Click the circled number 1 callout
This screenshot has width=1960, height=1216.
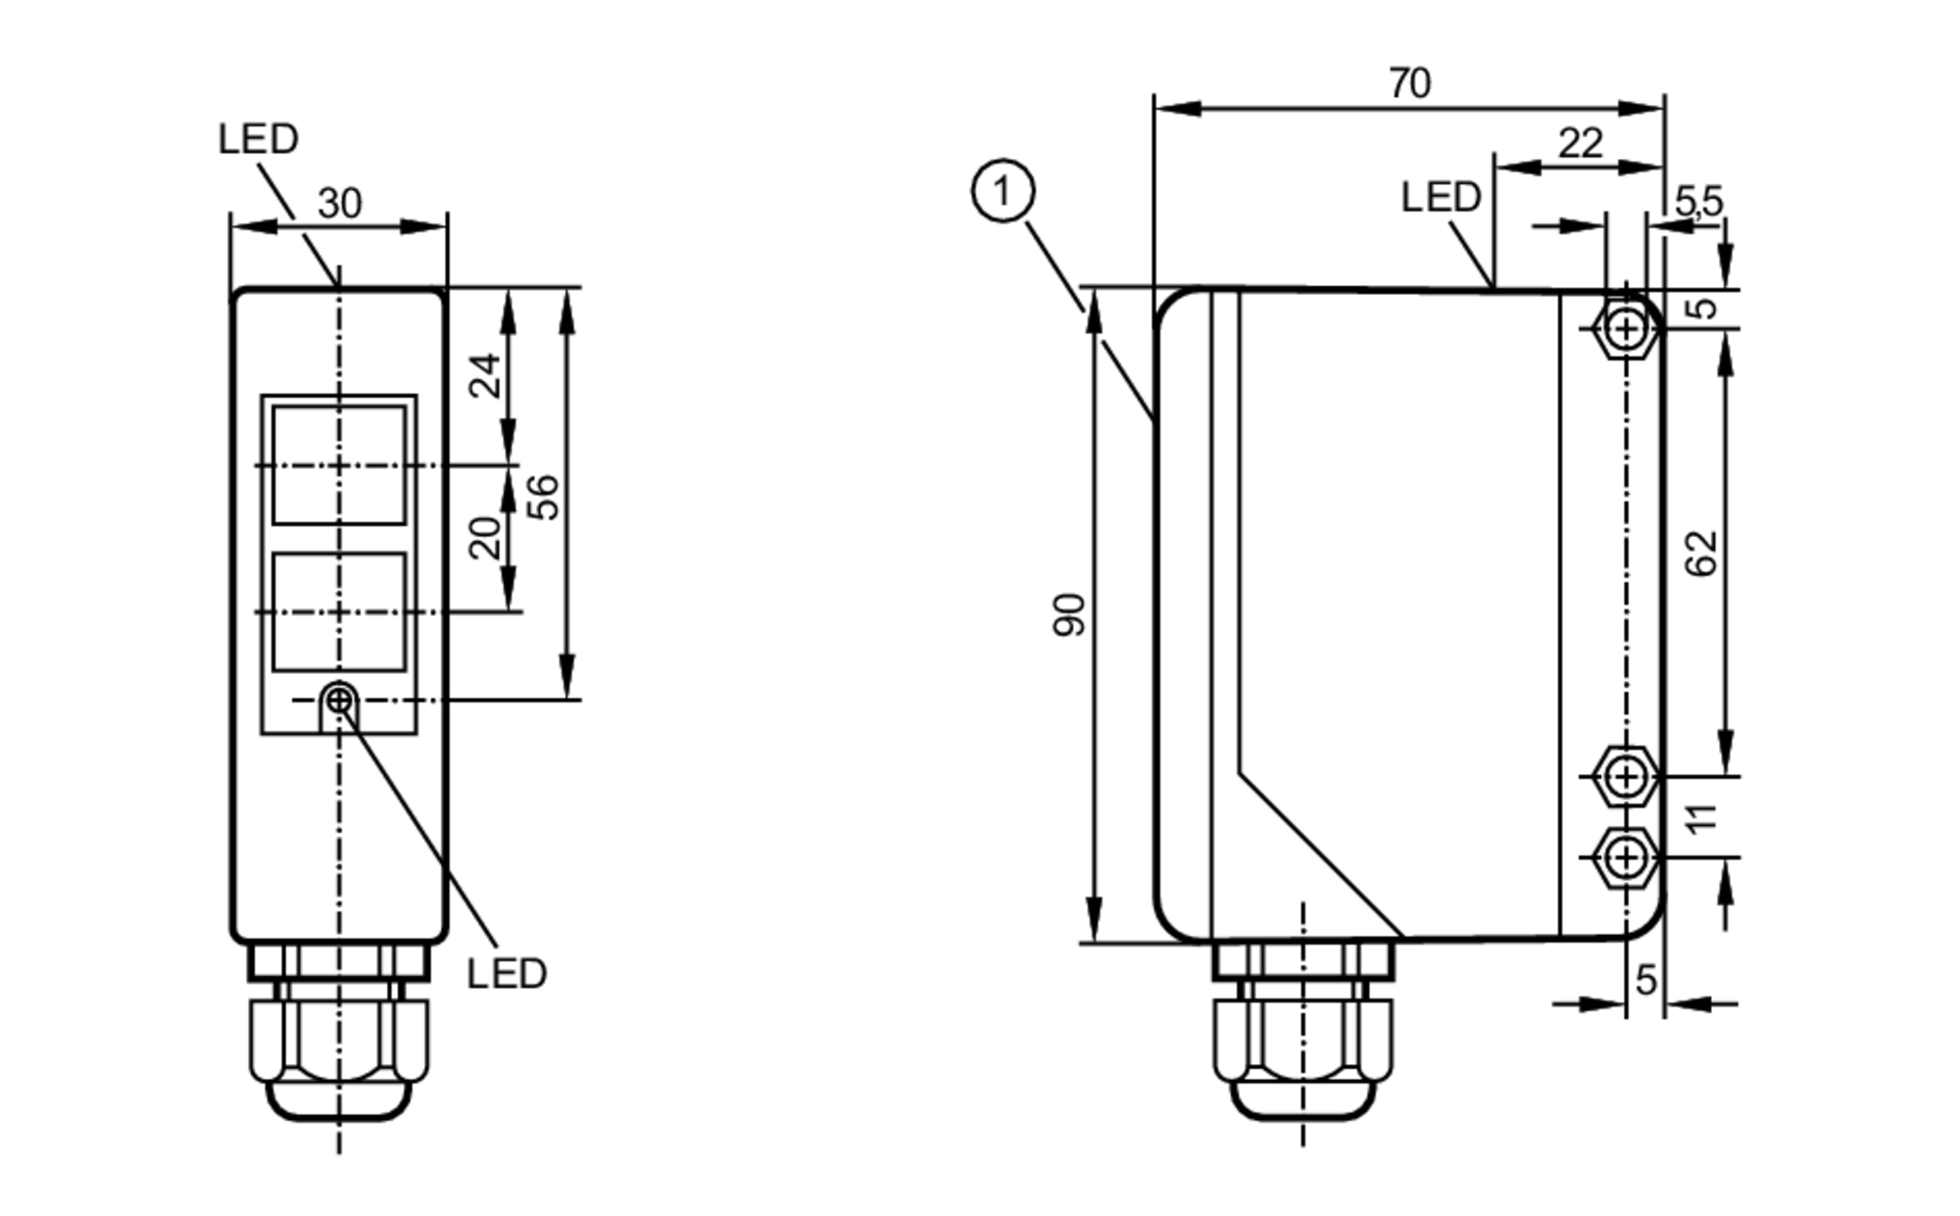pos(1002,190)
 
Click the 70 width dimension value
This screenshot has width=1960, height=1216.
pos(1409,83)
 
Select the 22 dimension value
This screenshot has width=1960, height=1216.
pos(1580,144)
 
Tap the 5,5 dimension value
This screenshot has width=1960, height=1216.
pos(1697,202)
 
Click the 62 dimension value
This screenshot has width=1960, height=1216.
pos(1702,553)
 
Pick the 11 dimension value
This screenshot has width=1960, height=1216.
pos(1702,817)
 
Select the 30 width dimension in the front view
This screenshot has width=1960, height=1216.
pos(339,204)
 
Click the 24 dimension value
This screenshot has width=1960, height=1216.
pos(485,375)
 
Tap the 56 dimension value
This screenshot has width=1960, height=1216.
pos(543,496)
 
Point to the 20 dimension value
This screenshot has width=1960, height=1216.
pos(485,537)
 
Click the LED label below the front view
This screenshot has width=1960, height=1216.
pos(506,974)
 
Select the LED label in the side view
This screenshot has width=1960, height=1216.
pos(1440,198)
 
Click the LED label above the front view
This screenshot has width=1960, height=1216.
pos(258,139)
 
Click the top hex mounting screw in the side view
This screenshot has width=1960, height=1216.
pos(1626,328)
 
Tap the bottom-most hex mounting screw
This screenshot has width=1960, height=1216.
pos(1626,857)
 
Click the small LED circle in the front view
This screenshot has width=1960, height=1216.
pos(338,701)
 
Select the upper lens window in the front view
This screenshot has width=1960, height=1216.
pos(338,464)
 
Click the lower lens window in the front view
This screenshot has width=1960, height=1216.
pos(338,611)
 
